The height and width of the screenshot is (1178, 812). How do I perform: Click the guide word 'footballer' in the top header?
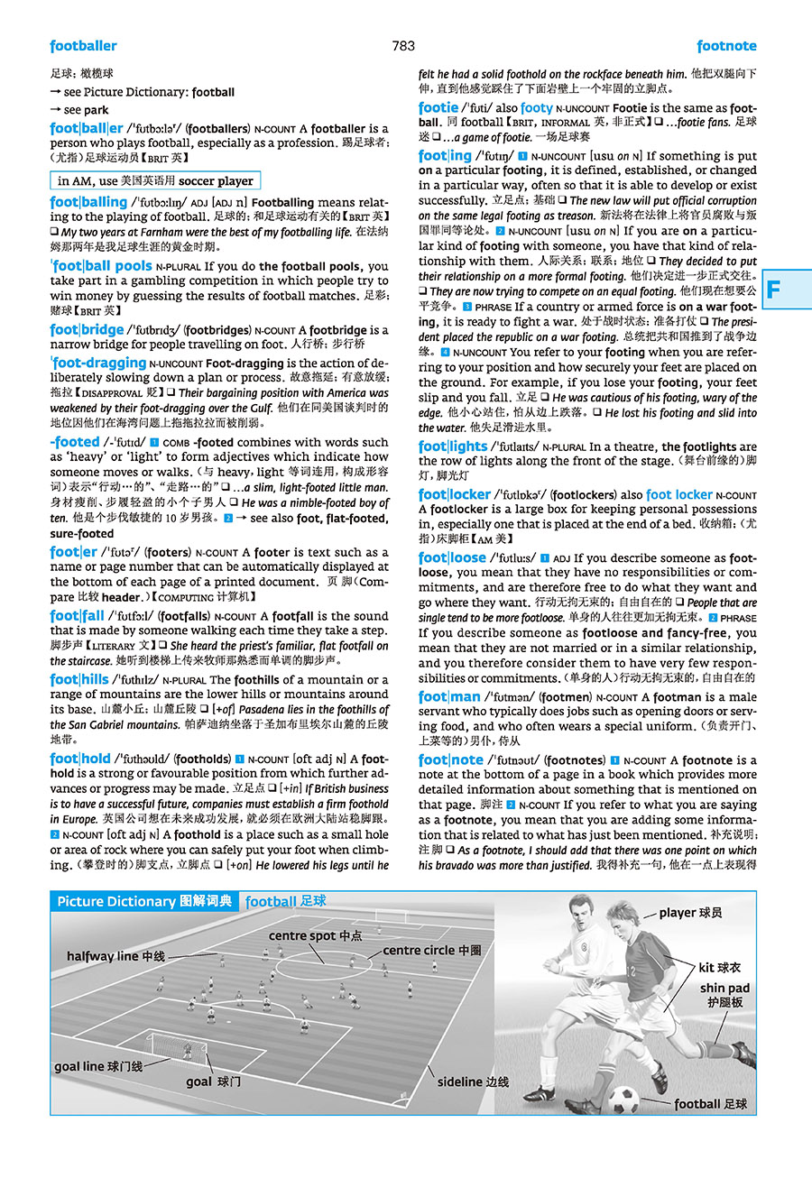click(x=84, y=46)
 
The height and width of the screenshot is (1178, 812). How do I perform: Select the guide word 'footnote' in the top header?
click(x=726, y=46)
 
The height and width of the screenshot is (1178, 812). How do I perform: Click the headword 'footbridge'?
click(x=88, y=330)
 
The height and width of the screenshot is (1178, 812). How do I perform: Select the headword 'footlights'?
click(x=453, y=446)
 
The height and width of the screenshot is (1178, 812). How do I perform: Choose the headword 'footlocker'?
click(x=455, y=494)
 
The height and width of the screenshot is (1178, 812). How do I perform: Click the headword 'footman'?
click(x=449, y=696)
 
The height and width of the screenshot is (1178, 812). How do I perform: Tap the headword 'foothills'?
click(x=79, y=679)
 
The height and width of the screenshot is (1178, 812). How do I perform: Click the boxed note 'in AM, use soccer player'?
click(x=155, y=180)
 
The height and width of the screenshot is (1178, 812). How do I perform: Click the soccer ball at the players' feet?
click(x=623, y=1099)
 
